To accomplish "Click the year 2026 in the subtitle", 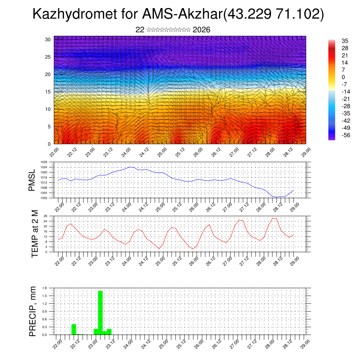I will [x=201, y=30].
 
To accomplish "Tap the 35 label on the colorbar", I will [x=345, y=41].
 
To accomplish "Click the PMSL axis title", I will [x=32, y=180].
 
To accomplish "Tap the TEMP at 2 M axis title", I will [x=34, y=234].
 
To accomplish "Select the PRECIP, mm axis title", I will [x=33, y=311].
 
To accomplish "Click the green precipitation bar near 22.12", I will [x=74, y=329].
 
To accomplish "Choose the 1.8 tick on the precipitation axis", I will [x=45, y=288].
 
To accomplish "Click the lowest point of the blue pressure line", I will [x=277, y=197].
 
